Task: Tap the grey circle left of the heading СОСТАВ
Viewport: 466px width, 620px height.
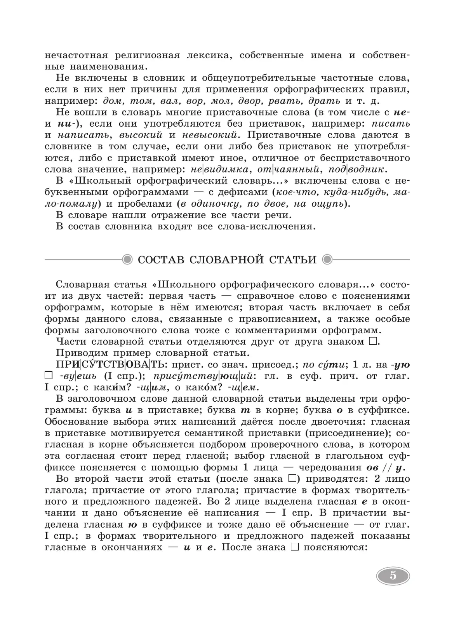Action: point(127,259)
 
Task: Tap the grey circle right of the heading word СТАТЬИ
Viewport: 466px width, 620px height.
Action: point(328,259)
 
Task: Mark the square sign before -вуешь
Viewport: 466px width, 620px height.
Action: point(49,376)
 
